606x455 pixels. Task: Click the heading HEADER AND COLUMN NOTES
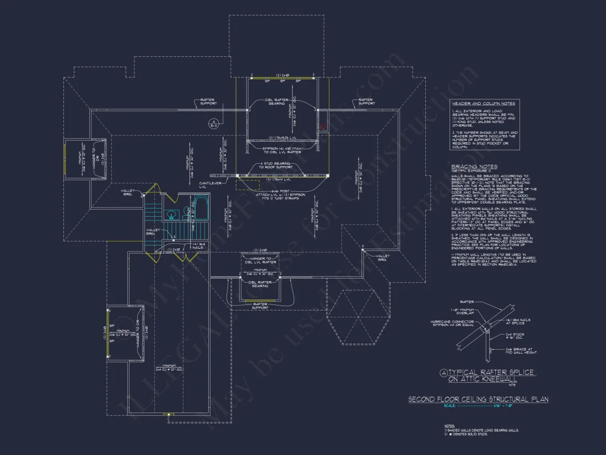[x=483, y=103]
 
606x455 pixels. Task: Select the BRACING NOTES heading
[x=474, y=167]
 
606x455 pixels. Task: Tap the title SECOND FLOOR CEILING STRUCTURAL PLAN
[x=478, y=399]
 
